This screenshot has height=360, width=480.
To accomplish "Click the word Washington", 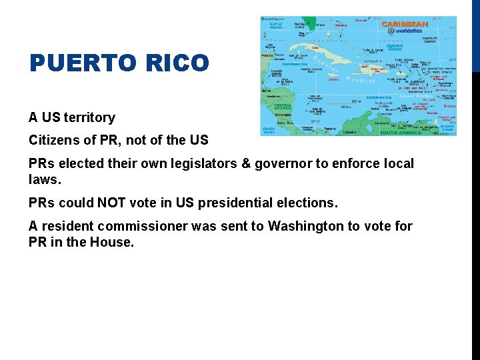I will click(x=308, y=227).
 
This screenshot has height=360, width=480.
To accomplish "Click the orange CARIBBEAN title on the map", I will click(x=405, y=24).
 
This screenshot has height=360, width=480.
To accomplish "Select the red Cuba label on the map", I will click(x=315, y=47).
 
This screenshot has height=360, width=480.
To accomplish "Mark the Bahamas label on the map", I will click(x=341, y=25).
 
